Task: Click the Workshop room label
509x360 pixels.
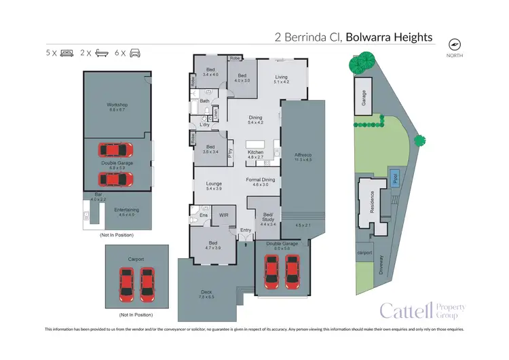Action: tap(117, 105)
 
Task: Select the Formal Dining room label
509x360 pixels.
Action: tap(261, 179)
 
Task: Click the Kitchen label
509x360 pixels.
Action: tap(255, 151)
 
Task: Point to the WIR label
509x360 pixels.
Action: tap(223, 215)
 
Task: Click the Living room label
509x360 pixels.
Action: tap(281, 77)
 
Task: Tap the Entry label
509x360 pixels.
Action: tap(245, 231)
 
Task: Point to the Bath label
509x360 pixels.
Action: tap(204, 101)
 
